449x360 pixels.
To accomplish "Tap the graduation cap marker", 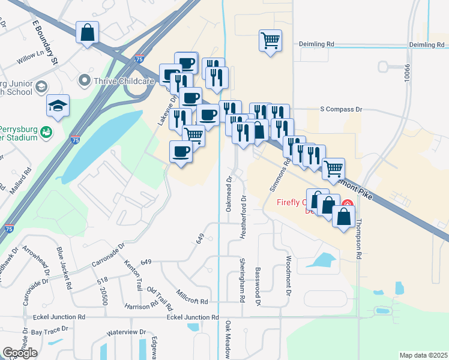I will point(58,106).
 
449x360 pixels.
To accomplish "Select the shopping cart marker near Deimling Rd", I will point(270,41).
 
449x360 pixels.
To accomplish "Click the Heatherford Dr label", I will point(244,217).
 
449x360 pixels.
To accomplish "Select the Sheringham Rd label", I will point(243,280).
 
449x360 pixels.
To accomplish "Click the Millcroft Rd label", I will point(192,296).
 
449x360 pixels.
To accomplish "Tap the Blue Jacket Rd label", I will point(63,267).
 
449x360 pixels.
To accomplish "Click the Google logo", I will point(20,352).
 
